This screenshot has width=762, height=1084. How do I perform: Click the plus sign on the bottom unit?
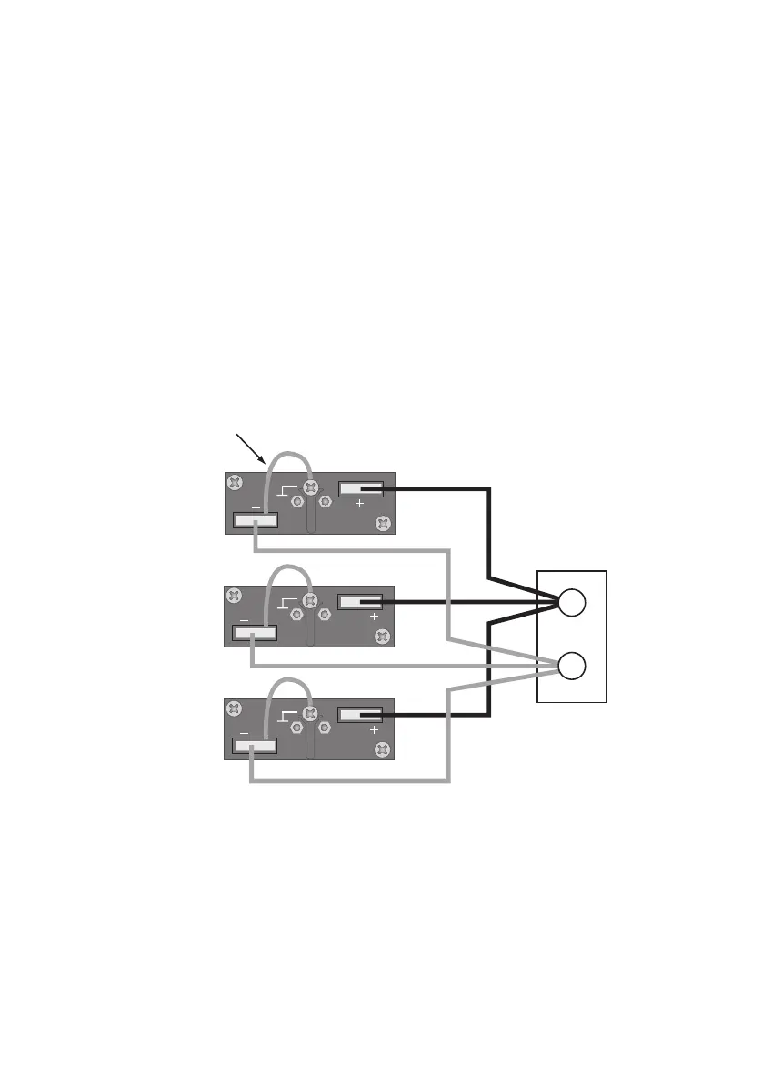click(372, 729)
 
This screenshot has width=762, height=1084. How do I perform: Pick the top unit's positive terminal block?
click(361, 489)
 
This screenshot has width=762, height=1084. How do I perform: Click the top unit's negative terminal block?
click(256, 521)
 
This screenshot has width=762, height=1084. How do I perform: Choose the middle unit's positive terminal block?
click(360, 602)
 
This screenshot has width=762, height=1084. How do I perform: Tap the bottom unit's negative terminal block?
click(255, 747)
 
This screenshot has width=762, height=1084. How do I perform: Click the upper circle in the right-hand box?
click(572, 602)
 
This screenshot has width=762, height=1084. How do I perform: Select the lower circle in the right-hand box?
click(572, 667)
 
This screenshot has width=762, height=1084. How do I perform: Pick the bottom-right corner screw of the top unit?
click(383, 523)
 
